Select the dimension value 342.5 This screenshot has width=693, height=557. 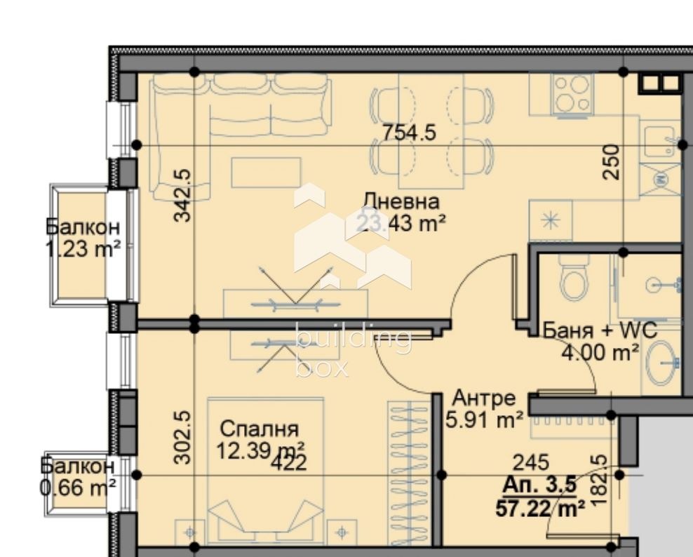(x=182, y=194)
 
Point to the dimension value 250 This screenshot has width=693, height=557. (x=612, y=161)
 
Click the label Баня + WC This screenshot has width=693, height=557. (x=600, y=330)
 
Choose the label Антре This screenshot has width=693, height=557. (x=484, y=398)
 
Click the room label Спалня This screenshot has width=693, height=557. (x=260, y=429)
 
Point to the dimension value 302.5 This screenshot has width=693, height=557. (x=182, y=437)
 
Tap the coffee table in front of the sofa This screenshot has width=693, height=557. (x=266, y=173)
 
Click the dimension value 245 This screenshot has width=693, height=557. (x=531, y=462)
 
